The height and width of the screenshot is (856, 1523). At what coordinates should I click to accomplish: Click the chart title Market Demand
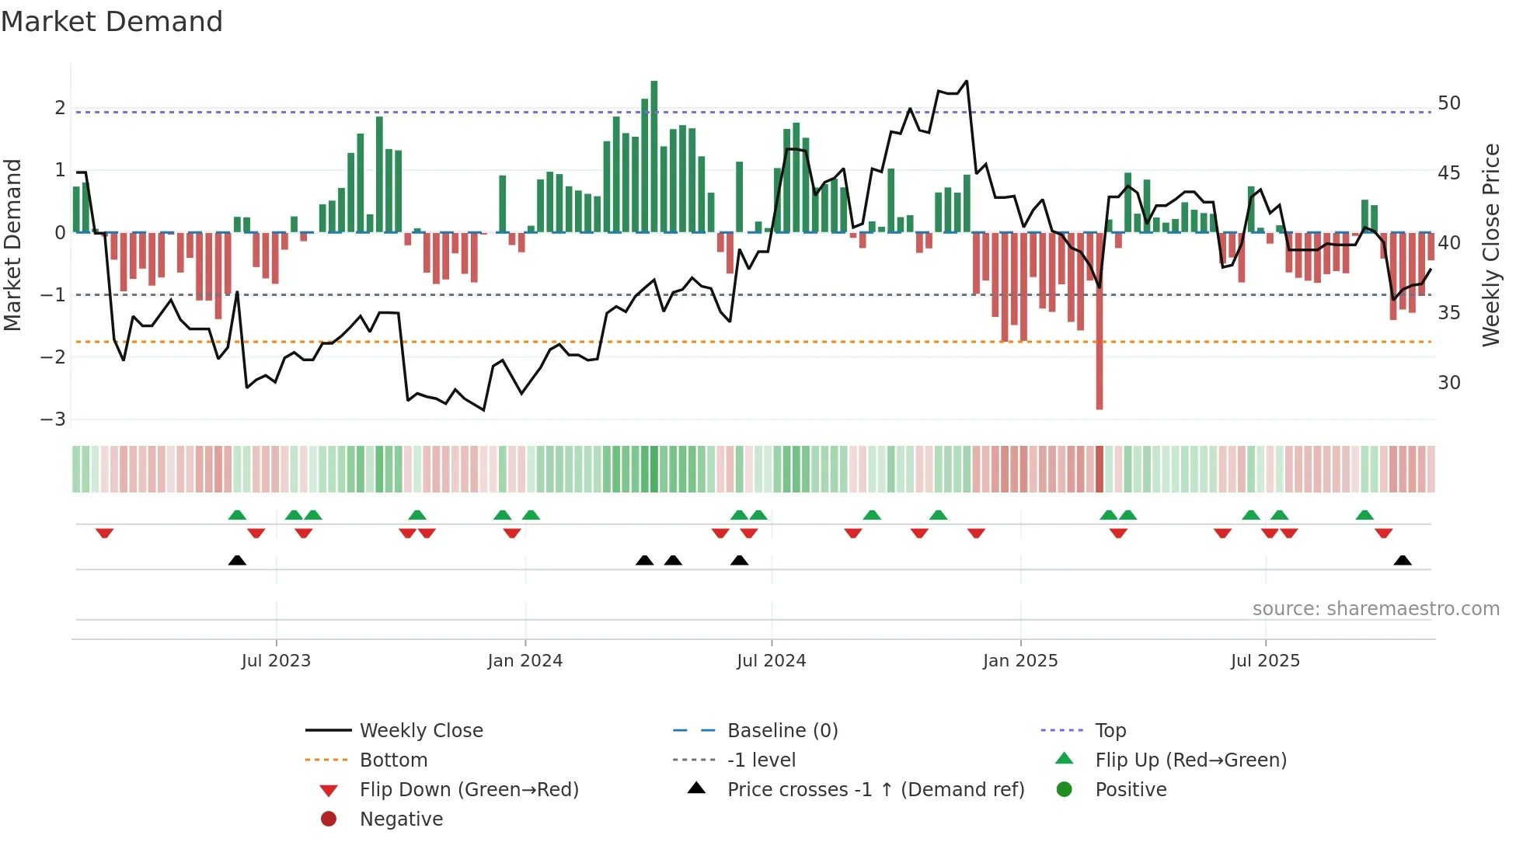click(x=112, y=22)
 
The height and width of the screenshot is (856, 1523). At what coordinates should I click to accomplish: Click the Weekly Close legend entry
click(x=420, y=730)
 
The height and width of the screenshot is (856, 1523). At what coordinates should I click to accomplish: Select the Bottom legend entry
click(x=393, y=760)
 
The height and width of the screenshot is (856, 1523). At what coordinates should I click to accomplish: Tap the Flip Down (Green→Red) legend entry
click(x=469, y=789)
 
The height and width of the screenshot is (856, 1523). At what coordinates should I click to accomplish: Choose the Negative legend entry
click(x=401, y=819)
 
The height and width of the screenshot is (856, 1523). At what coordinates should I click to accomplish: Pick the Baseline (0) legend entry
click(x=782, y=730)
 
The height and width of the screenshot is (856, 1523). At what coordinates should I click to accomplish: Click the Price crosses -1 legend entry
click(x=875, y=789)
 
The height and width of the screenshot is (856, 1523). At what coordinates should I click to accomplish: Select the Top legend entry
click(x=1110, y=730)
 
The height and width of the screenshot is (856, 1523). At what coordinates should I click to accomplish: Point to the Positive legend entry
click(x=1130, y=789)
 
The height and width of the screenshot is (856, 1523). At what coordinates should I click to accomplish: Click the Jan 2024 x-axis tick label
click(x=525, y=661)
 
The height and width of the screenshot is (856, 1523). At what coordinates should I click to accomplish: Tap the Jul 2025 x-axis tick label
click(x=1264, y=661)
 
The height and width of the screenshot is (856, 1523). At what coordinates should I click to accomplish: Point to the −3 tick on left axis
click(x=53, y=419)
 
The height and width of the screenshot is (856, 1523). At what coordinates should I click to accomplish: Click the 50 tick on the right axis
click(x=1448, y=103)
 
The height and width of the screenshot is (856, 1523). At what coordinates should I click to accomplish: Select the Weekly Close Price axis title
click(x=1490, y=245)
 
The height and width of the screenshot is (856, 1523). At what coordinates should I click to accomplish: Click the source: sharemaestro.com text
click(x=1375, y=609)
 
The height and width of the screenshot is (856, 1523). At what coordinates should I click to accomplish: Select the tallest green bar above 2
click(x=653, y=155)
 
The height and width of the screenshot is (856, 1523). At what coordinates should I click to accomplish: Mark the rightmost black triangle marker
click(x=1402, y=561)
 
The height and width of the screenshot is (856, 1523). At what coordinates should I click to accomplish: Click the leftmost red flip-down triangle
click(x=104, y=533)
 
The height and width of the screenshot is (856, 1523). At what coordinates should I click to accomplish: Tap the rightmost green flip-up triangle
click(x=1364, y=515)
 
